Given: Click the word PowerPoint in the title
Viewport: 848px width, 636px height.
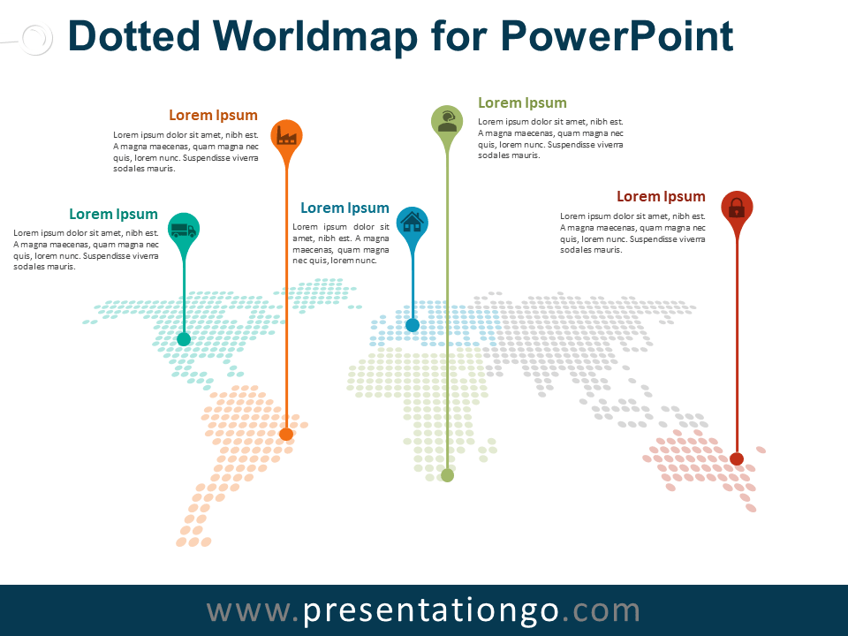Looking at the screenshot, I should [x=616, y=37].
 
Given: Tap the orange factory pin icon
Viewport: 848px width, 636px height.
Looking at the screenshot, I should [x=285, y=135].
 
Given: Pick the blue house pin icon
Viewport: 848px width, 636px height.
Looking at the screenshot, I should [x=413, y=223].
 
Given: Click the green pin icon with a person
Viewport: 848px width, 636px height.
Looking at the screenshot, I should [x=447, y=119].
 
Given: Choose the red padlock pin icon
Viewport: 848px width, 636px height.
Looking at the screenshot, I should [x=737, y=208].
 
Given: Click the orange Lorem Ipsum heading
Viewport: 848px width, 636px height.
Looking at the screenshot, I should [x=213, y=115].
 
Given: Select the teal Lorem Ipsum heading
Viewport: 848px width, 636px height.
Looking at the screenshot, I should [x=113, y=214].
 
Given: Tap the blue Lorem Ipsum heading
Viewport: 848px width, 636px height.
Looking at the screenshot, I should [x=344, y=208].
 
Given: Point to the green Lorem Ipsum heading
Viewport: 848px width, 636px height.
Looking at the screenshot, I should [x=522, y=102].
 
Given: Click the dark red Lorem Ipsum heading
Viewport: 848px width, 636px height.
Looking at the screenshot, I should [x=661, y=196].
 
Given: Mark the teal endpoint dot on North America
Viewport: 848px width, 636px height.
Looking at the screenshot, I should [x=184, y=338].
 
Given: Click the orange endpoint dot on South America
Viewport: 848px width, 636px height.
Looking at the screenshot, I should [x=286, y=434].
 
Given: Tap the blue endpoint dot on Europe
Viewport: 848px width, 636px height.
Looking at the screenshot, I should [x=413, y=325].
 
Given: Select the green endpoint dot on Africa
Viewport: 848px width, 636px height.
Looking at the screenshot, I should [x=447, y=475].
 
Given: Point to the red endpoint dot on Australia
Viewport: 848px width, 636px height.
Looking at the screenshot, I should [x=737, y=458].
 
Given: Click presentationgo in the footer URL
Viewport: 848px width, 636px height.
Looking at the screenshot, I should [x=431, y=610].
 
